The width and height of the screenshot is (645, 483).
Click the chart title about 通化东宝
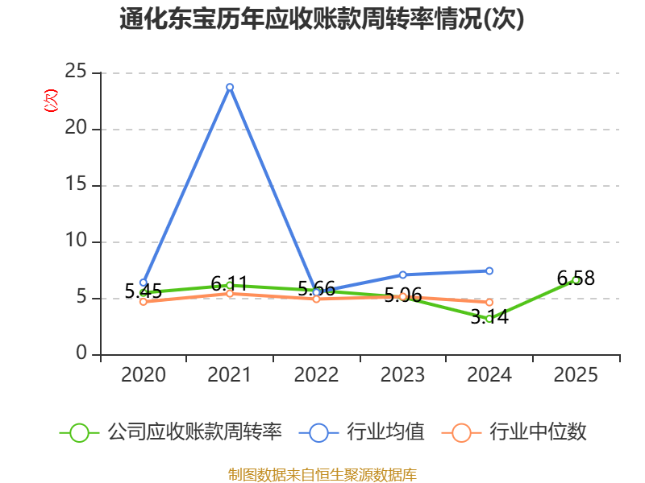coord(322,19)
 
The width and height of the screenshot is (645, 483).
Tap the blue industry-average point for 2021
coord(230,87)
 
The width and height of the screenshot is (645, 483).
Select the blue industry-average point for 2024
coord(489,270)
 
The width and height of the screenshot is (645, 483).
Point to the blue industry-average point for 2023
coord(402,275)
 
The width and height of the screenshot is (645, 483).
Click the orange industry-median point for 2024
coord(489,303)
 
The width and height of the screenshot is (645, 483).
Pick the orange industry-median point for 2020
coord(144,302)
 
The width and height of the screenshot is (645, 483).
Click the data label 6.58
coord(576,279)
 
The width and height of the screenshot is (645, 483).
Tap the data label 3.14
coord(489,316)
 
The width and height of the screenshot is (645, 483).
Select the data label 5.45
coord(144,291)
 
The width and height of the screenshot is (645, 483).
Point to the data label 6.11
coord(230,284)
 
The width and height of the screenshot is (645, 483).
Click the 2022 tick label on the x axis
coord(316,374)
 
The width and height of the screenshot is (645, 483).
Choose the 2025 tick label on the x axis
coord(576,374)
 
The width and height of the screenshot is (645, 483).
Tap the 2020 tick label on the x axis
coord(144,374)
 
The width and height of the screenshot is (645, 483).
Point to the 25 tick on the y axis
coord(76,72)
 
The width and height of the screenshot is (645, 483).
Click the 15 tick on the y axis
coord(76,184)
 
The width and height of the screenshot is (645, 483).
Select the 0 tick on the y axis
coord(81,353)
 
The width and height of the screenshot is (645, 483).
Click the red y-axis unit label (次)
coord(51,101)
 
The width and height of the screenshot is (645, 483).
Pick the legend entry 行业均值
coord(362,432)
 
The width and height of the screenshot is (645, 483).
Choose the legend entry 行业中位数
coord(514,432)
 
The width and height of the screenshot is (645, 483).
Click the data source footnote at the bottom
coord(322,475)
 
